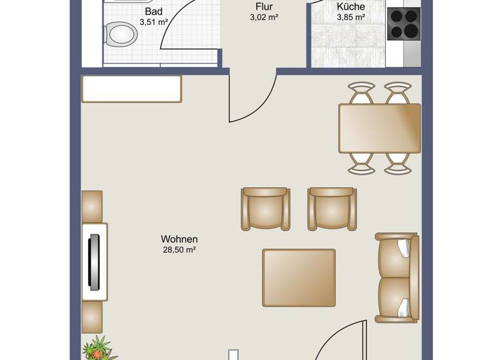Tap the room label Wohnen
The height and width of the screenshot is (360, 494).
[x=179, y=239]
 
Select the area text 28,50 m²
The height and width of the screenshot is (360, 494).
[x=179, y=250]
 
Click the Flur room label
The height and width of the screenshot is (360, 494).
[x=264, y=7]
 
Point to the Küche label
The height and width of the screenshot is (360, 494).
[x=351, y=7]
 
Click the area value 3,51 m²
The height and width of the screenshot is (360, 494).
[x=154, y=22]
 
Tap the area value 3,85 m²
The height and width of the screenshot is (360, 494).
[x=351, y=18]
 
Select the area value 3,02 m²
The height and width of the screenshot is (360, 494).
[x=264, y=18]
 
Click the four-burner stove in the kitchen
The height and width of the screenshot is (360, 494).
[x=404, y=24]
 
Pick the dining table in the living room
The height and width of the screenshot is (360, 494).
[x=380, y=128]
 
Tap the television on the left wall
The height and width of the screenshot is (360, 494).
[x=95, y=261]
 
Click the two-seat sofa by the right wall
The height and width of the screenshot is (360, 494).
[x=398, y=278]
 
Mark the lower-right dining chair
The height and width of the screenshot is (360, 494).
[x=398, y=162]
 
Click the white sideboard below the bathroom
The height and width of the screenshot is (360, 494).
[x=131, y=89]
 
